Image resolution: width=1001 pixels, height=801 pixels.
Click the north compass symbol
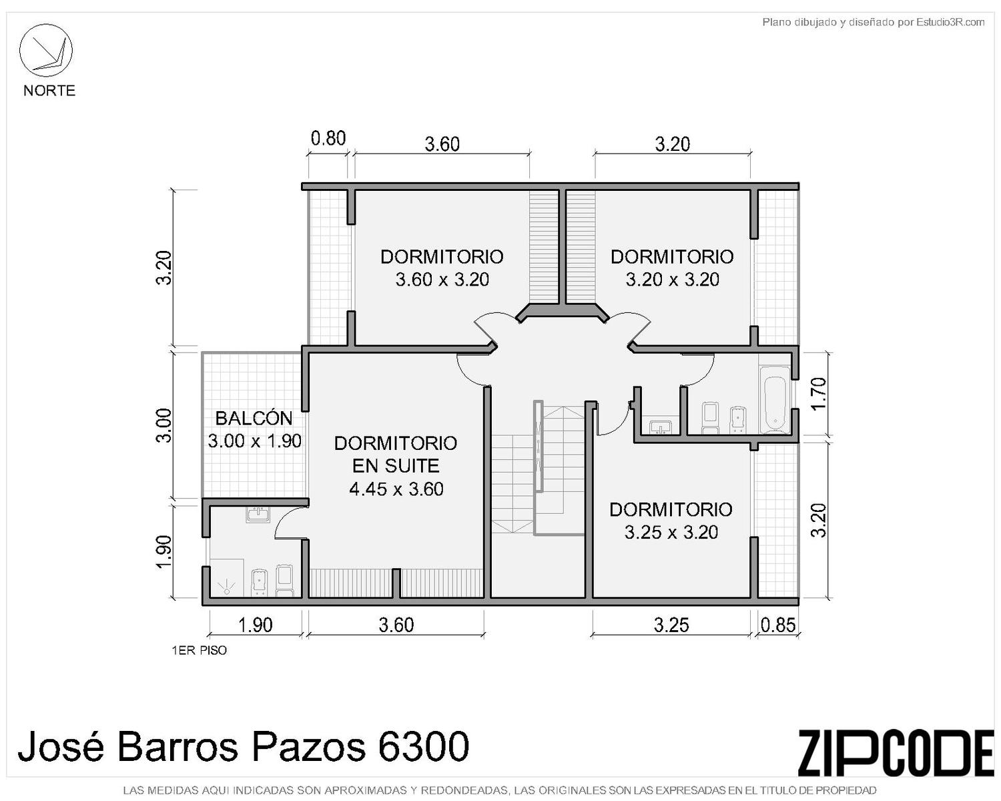coord(45,51)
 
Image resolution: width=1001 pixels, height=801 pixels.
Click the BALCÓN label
coord(254,418)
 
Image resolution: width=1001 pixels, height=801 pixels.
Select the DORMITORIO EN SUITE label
coord(396,455)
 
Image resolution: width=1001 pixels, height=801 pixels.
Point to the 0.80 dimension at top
coord(328,138)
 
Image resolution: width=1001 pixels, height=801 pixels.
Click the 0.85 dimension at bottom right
coord(778,625)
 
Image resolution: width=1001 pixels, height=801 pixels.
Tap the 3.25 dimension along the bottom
coord(671,625)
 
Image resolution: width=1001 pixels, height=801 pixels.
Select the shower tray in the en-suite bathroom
coord(226,577)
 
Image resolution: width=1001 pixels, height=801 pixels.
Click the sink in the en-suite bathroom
coord(258,515)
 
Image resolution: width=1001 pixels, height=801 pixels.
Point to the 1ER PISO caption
coord(199,650)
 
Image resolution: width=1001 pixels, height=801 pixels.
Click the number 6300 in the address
coord(423,745)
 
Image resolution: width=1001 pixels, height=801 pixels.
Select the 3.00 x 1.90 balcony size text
coord(254,441)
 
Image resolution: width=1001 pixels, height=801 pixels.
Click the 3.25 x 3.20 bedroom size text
coord(671,531)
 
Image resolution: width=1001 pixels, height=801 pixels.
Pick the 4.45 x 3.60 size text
coord(396,489)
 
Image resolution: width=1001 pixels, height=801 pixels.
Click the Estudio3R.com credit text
coord(950,22)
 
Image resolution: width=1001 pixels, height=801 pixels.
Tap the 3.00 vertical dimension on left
coord(163,425)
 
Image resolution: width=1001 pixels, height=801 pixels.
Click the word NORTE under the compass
coord(49,90)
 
